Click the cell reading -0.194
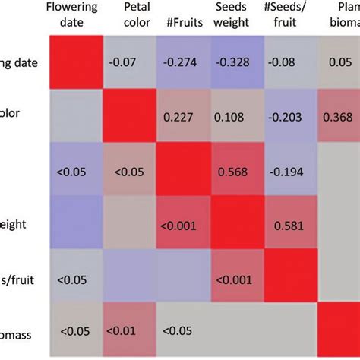pos(292,170)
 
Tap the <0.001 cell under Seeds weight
pos(237,278)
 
